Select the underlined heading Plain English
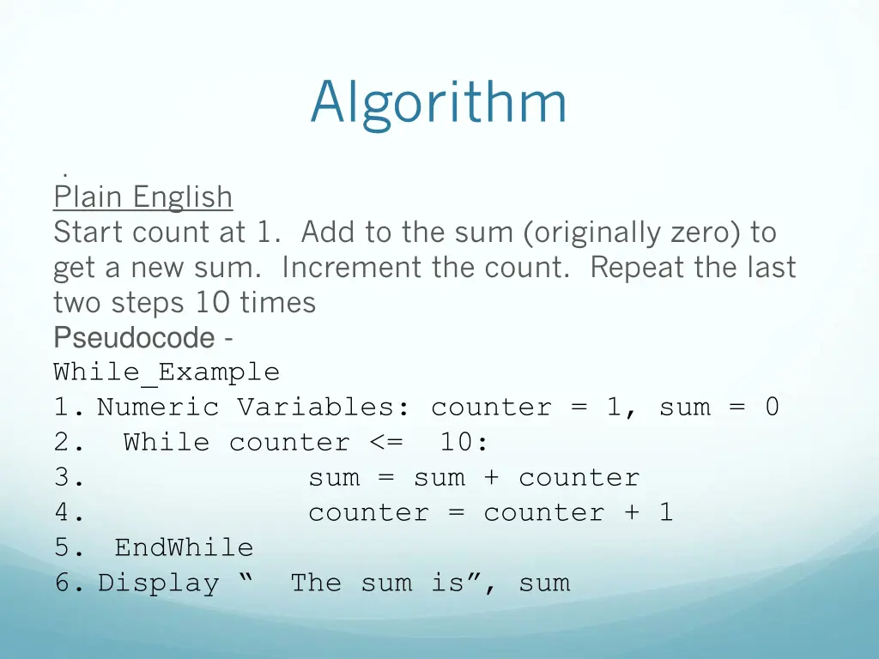142,197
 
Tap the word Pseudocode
133,337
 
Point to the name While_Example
167,372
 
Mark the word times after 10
279,303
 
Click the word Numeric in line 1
158,407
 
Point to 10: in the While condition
464,443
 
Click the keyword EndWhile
184,547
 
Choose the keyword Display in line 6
158,583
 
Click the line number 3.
68,478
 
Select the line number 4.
68,513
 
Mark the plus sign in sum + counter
491,478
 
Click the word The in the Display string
316,583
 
